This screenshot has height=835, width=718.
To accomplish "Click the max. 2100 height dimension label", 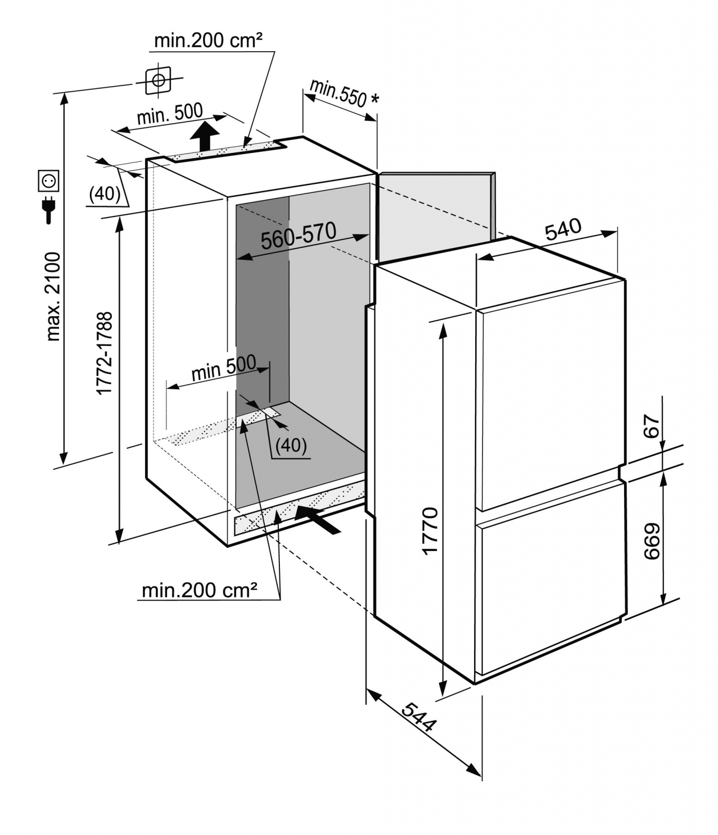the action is coord(54,296).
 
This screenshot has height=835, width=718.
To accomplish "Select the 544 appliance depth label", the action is coord(419,718).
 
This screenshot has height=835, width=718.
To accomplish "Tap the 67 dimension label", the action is coord(651,426).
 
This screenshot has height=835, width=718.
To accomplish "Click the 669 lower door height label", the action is coord(651,541).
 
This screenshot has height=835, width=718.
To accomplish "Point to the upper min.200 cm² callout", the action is coord(208,40).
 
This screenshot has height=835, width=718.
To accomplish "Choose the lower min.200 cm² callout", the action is coord(199,590).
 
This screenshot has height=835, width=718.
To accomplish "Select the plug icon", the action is coord(49,210).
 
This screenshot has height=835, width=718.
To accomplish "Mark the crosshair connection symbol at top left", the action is coord(158,80).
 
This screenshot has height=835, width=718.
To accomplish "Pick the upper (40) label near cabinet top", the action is coord(105,194).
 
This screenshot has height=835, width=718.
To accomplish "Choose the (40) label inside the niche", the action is coord(291,445).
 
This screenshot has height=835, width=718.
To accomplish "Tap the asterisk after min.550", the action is coord(373,99).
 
